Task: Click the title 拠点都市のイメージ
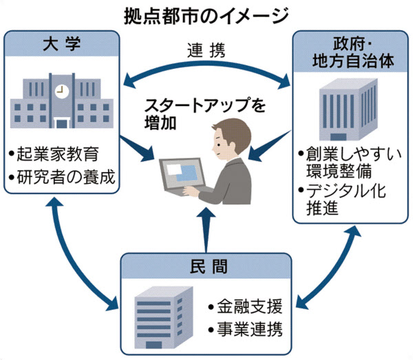click(206, 16)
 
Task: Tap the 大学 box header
click(62, 43)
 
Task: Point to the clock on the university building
click(62, 92)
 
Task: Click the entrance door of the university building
click(62, 123)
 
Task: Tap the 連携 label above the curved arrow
click(206, 50)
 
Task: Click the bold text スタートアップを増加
click(205, 114)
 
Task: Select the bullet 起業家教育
click(54, 154)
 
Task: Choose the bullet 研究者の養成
click(62, 177)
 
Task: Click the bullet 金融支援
click(245, 306)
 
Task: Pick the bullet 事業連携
click(245, 329)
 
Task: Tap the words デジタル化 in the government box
click(346, 191)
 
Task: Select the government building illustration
click(348, 109)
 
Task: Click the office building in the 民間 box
click(163, 317)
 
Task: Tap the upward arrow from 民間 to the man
click(206, 229)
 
